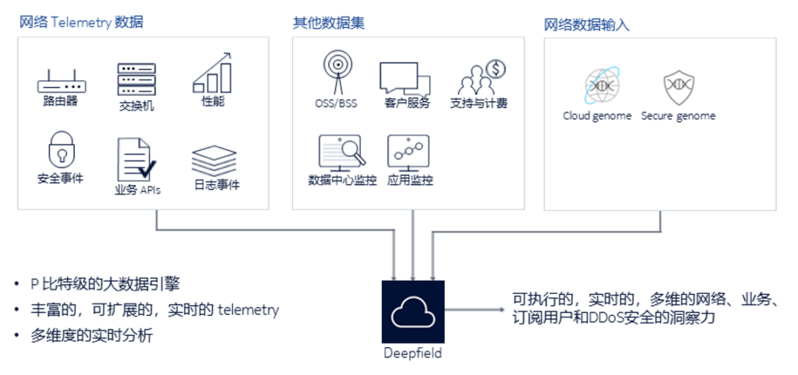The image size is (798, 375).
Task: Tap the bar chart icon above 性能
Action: coord(213,73)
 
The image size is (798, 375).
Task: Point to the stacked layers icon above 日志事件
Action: coord(214,161)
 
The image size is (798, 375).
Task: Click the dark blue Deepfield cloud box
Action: coord(412,311)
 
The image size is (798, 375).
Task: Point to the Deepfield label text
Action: coord(412,353)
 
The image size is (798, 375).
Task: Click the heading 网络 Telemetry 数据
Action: coord(82,23)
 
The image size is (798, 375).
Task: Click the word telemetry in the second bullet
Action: coord(248,310)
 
